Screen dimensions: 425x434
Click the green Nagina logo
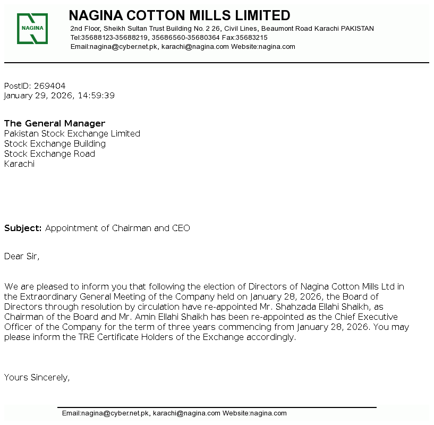[x=32, y=29]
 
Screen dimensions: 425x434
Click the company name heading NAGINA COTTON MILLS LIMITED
[x=180, y=15]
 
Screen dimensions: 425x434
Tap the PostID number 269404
[x=49, y=86]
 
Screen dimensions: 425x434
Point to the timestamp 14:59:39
[x=96, y=96]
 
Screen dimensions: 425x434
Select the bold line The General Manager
[x=55, y=124]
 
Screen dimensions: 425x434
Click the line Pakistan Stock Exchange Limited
[x=72, y=134]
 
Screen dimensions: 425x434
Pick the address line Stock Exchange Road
[x=49, y=154]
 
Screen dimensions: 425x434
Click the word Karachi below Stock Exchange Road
[x=19, y=164]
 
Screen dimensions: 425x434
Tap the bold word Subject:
[x=23, y=228]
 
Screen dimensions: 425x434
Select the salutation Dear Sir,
[x=22, y=257]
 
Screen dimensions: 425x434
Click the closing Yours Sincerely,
[x=37, y=378]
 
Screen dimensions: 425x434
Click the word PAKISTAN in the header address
[x=357, y=29]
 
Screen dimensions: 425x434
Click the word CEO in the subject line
[x=181, y=228]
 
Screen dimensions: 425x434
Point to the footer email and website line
[x=174, y=413]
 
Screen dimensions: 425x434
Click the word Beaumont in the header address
[x=276, y=29]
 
